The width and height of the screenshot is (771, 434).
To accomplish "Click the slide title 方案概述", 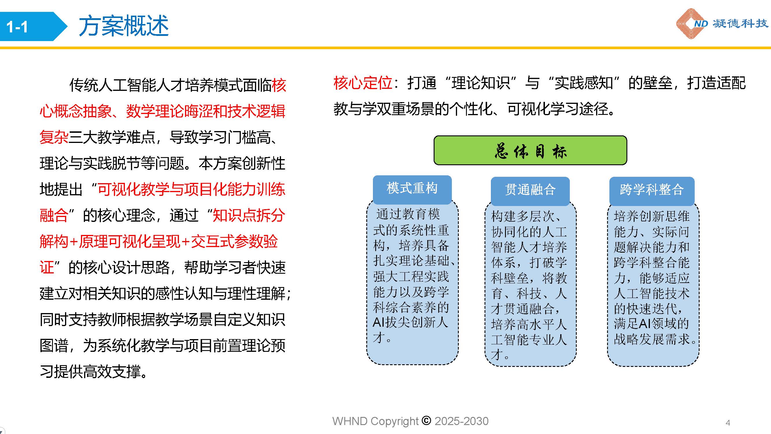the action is pos(124,26).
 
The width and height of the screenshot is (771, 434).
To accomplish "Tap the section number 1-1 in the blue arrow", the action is pos(17,27).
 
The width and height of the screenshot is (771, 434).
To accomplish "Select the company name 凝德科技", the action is pos(740,23).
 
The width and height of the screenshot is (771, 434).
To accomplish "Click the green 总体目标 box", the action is pos(530,150).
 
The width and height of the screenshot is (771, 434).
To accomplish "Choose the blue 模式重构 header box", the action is pos(412,189).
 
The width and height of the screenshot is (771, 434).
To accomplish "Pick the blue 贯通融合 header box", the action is pos(530,190).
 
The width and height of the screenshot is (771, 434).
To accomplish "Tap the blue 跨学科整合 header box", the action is pos(652,190).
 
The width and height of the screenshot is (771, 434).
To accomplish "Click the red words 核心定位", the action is pos(363,83).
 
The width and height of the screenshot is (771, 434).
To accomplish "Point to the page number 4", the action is pos(728,423).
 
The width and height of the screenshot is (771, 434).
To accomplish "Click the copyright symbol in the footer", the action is pos(426,420).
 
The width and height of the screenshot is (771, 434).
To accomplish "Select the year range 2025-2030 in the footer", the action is pos(461,421).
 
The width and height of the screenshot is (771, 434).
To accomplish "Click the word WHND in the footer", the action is pos(350,421).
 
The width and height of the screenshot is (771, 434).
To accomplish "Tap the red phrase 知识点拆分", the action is pos(248,215).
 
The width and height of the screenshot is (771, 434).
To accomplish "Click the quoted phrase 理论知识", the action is pos(481,83).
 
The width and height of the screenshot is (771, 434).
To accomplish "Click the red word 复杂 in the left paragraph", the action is pos(54,137).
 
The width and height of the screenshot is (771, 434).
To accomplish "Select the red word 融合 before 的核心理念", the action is pos(54,215).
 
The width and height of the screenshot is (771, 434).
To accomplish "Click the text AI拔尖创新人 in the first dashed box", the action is pos(410,322).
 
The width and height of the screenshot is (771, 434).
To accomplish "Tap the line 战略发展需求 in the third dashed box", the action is pos(652,339).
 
